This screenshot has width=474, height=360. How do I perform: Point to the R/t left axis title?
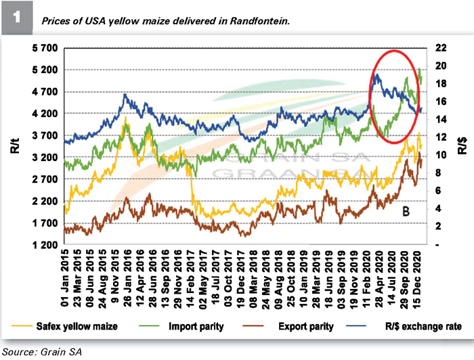tap(15, 146)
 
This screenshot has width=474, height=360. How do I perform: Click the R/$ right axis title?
tap(462, 146)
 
